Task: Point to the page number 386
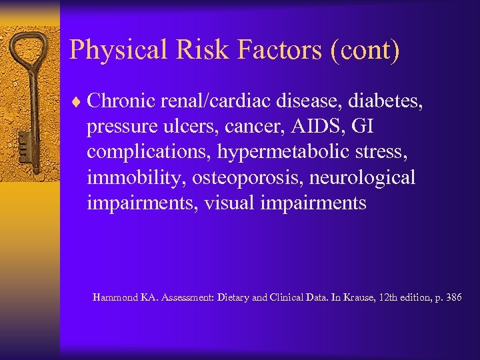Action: [454, 297]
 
